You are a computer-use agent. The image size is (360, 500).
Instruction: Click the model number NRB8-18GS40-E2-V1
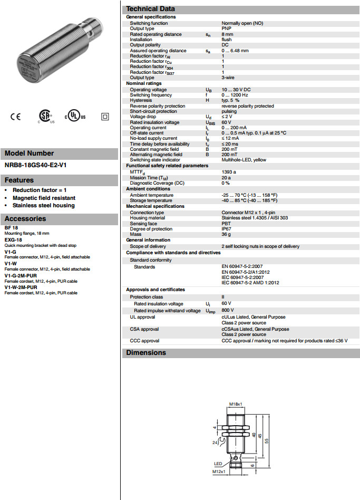[35, 165]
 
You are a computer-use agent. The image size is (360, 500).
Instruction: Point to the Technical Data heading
[151, 8]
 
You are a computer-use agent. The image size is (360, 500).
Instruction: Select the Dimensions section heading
[146, 353]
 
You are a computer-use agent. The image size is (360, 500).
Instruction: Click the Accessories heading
[25, 219]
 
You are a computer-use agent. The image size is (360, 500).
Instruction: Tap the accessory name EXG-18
[13, 239]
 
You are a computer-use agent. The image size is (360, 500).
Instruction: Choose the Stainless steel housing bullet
[44, 206]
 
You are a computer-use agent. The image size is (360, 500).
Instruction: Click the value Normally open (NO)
[242, 23]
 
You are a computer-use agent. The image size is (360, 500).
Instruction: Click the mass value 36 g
[226, 234]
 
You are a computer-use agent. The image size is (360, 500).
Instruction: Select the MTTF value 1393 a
[229, 171]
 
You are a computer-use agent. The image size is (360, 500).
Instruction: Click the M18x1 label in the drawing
[236, 405]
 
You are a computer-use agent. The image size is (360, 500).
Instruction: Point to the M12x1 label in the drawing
[219, 471]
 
